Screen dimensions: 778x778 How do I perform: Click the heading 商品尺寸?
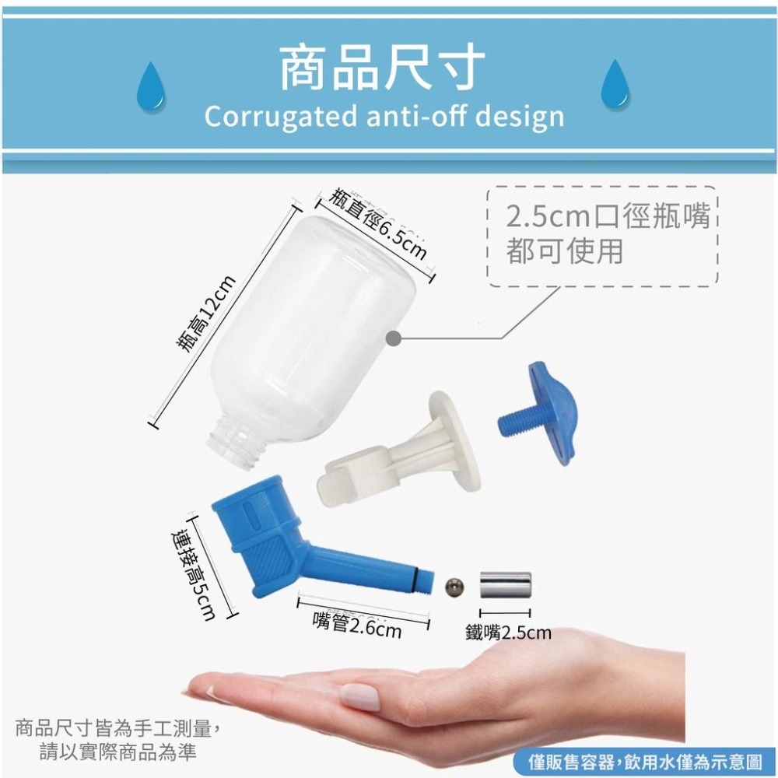(383, 68)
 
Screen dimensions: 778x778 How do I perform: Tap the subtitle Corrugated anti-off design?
(384, 117)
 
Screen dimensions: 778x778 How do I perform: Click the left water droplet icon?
(150, 84)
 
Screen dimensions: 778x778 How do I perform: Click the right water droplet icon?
(615, 84)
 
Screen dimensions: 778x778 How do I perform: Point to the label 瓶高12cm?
(202, 315)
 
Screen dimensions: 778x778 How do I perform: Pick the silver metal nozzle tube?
(505, 584)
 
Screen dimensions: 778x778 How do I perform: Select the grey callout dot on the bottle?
(394, 338)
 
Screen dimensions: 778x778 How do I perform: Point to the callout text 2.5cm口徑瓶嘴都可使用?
(603, 234)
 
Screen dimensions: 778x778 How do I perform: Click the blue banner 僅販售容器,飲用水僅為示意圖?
(644, 762)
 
